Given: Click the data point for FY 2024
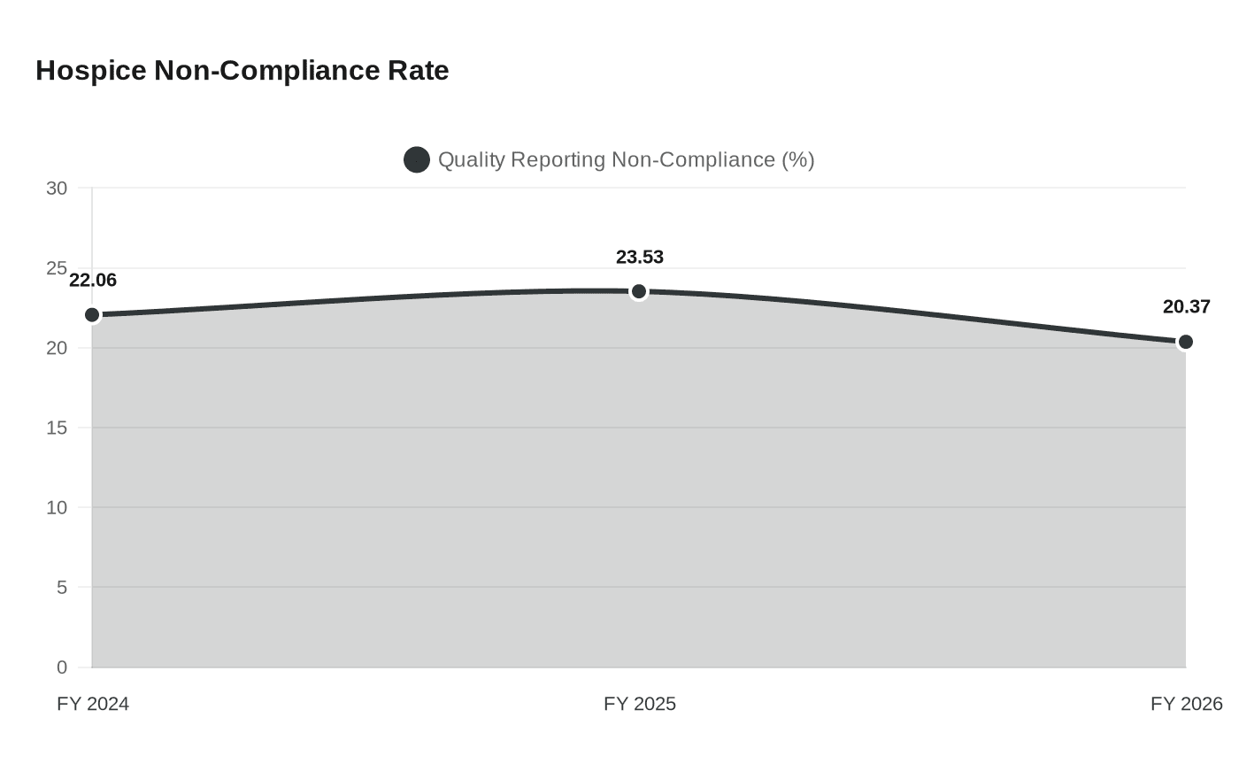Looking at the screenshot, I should click(x=92, y=315).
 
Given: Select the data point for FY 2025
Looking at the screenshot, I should click(x=639, y=291).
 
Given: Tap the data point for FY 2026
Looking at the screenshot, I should click(x=1186, y=342).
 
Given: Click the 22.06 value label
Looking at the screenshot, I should click(x=93, y=281).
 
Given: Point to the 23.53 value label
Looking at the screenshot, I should click(x=640, y=258).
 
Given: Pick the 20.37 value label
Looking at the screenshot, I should click(x=1186, y=307).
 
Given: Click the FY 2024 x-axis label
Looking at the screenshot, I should click(x=93, y=704).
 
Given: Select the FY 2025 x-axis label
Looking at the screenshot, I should click(x=640, y=704).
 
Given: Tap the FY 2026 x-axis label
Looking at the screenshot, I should click(x=1186, y=704).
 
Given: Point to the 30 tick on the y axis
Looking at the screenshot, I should click(x=57, y=189).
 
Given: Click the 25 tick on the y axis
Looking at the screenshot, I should click(x=57, y=268).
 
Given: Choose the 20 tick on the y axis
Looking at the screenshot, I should click(x=57, y=348).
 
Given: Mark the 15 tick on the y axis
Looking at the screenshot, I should click(x=57, y=428).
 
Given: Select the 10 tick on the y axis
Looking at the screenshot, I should click(x=57, y=507).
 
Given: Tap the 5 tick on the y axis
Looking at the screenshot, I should click(x=61, y=587).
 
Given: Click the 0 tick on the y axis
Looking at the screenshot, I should click(x=61, y=667).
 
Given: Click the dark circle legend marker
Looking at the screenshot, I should click(x=417, y=160).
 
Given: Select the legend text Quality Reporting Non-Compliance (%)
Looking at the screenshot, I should click(x=626, y=160).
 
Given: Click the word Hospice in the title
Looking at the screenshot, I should click(x=91, y=71).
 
